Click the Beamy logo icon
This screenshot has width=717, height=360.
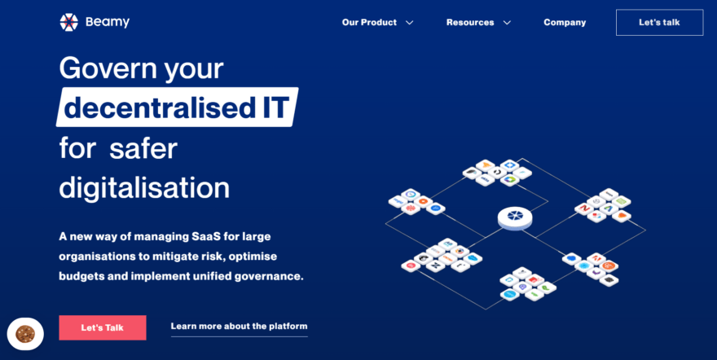pos(68,22)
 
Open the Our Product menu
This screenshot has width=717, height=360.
pos(369,23)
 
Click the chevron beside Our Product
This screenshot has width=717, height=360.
pos(409,23)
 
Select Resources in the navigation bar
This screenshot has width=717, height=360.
pos(470,23)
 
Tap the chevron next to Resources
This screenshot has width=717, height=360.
pos(507,23)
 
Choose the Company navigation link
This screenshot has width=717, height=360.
pos(565,23)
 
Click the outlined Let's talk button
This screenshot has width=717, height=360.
pos(659,23)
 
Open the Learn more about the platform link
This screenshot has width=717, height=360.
pos(239,327)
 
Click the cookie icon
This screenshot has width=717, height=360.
pos(25,333)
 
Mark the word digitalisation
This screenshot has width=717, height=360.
pos(144,187)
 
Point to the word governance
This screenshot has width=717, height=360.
pos(265,276)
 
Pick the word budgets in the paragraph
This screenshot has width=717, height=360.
pos(81,276)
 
